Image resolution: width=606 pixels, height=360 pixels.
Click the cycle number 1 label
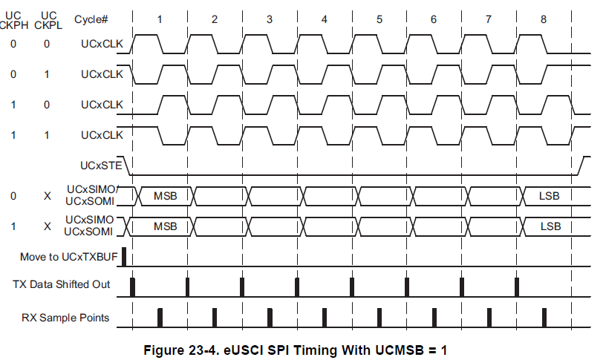coord(159,18)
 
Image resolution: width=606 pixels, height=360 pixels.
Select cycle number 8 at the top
coord(544,18)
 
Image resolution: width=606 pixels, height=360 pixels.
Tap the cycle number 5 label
coord(379,18)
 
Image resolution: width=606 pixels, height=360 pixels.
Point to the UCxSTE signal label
coord(102,163)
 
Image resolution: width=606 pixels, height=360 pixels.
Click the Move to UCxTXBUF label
coord(68,256)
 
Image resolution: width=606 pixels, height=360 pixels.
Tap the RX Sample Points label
coord(65,318)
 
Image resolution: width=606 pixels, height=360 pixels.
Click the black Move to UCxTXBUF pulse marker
coord(124,256)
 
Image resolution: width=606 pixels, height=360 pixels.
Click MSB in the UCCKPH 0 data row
coord(165,196)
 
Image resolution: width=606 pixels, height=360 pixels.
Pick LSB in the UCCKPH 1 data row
coord(550,226)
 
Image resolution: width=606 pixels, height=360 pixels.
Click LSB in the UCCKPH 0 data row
coord(550,196)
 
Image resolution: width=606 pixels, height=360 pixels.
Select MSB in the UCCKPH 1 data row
coord(165,226)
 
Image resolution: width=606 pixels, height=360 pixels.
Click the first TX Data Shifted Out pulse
coord(132,287)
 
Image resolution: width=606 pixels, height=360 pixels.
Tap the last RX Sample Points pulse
coord(544,318)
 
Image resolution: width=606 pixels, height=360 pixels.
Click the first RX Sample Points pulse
coord(160,318)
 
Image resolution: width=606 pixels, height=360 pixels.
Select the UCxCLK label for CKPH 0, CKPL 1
coord(102,74)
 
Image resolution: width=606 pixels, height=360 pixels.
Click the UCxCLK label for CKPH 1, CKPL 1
coord(102,134)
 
